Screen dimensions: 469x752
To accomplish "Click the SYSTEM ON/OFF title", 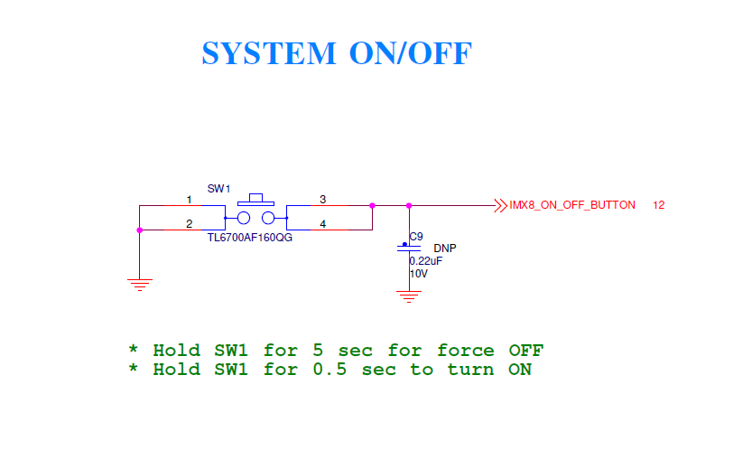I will (x=336, y=53).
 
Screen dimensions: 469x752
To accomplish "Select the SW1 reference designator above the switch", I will (x=219, y=189).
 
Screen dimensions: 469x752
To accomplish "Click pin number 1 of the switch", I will (x=189, y=199).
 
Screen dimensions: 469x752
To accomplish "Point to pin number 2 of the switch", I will (x=189, y=223).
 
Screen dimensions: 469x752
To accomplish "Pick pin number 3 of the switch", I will (x=323, y=199).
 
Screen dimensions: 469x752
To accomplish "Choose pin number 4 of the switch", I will (x=323, y=223).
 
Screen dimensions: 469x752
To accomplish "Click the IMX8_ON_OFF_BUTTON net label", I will (x=572, y=205).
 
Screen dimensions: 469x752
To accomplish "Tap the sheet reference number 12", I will (x=658, y=205).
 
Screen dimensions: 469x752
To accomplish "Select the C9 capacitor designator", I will (x=416, y=237).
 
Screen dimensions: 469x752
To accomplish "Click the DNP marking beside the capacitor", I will (x=445, y=248).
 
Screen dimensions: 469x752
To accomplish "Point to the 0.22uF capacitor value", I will (x=426, y=260).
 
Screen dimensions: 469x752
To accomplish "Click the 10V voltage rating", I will (x=419, y=273).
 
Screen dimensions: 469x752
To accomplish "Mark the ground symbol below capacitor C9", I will (x=409, y=295).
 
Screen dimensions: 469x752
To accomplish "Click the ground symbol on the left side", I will (x=140, y=284).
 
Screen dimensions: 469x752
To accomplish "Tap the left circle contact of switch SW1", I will (x=244, y=218).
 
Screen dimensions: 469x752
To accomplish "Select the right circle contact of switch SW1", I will (x=268, y=218).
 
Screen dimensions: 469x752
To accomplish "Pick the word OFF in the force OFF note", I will (x=526, y=350).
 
